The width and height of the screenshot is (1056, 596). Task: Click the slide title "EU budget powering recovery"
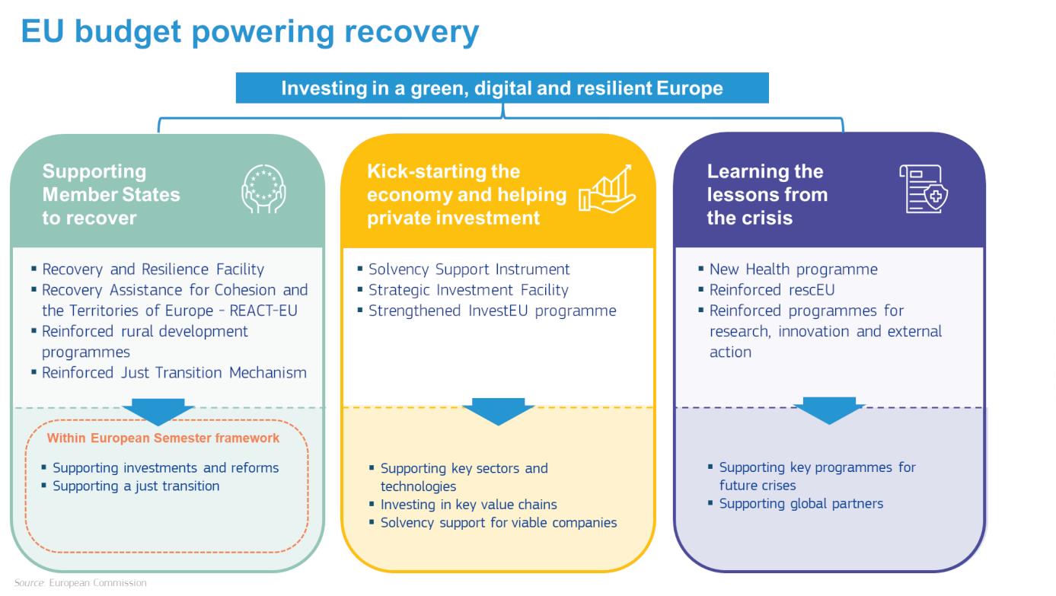click(250, 31)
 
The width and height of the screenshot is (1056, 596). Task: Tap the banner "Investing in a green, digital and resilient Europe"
click(502, 88)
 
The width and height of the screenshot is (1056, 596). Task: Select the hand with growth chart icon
click(607, 190)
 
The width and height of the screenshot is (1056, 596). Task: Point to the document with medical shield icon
click(923, 190)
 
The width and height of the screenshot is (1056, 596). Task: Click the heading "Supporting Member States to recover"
click(111, 194)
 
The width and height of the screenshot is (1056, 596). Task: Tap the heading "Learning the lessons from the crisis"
click(767, 194)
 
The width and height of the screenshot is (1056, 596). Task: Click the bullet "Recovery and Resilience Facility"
click(153, 269)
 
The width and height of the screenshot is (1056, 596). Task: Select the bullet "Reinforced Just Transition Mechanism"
click(174, 373)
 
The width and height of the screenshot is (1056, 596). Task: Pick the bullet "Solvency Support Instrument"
click(469, 269)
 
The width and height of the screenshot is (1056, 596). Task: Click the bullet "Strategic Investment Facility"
click(468, 290)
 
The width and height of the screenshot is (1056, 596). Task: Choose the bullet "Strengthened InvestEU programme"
click(492, 311)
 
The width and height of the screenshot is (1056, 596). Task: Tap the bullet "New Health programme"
click(793, 269)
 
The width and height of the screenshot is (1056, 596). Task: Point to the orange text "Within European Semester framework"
click(163, 438)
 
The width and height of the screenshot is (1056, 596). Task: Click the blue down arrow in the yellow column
click(498, 410)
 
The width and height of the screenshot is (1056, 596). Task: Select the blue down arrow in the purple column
click(829, 410)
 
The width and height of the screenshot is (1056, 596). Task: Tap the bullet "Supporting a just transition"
click(136, 486)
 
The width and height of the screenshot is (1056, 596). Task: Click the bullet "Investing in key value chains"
click(468, 505)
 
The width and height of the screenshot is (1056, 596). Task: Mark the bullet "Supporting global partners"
click(801, 504)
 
